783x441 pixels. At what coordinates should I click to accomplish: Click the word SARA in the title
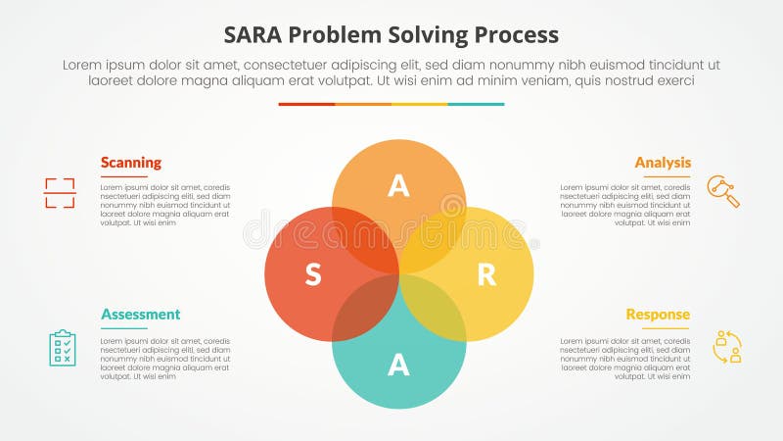255,34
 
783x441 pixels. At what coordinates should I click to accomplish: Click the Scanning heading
131,163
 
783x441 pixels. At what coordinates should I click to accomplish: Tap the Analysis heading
663,163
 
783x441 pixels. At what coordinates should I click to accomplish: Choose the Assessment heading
140,315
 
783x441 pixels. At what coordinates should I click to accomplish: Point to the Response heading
658,315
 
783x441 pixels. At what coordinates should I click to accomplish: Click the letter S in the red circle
312,275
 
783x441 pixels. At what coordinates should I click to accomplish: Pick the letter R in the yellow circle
485,275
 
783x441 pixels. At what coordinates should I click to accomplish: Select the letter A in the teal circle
398,365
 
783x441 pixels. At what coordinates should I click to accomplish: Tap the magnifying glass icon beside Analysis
723,191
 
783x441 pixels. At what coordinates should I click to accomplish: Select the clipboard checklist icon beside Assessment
62,347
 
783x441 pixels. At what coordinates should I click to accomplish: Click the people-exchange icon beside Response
727,347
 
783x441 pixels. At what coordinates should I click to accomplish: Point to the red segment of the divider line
306,104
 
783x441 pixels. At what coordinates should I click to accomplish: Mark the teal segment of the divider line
477,104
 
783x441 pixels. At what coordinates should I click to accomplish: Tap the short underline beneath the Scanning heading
123,176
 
